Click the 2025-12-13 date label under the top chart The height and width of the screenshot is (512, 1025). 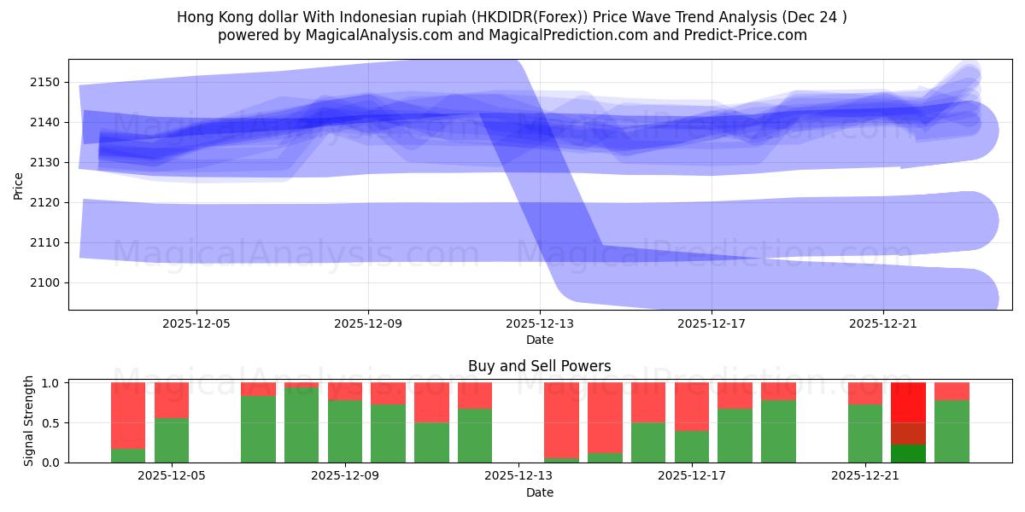(539, 324)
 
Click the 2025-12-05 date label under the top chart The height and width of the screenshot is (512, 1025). (196, 324)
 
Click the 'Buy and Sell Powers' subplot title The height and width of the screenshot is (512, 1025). (539, 366)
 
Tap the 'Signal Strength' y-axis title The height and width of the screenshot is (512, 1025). (29, 421)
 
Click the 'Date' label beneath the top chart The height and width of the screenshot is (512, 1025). (539, 340)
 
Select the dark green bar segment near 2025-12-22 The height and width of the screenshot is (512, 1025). (908, 453)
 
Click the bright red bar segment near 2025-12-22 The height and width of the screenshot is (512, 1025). (908, 402)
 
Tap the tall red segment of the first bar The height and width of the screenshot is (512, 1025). (128, 416)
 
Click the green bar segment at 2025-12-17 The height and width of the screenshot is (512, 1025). (692, 446)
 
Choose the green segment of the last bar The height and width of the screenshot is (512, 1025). (952, 431)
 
